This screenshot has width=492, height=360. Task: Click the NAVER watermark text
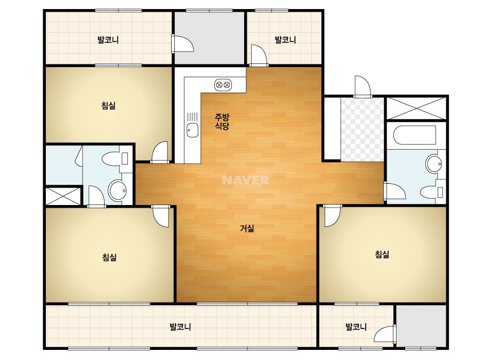coord(245,180)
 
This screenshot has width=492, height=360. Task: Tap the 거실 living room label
coord(247,228)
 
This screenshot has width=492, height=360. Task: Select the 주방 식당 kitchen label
coord(222,121)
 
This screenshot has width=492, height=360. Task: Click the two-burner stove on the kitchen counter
coord(223,85)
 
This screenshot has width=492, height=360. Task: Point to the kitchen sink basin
coord(192,130)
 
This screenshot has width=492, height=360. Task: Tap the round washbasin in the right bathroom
coord(434,164)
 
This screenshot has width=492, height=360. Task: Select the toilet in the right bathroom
coord(432,192)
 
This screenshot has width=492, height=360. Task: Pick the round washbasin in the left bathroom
coord(117,190)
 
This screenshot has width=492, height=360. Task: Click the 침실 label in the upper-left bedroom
coord(109,105)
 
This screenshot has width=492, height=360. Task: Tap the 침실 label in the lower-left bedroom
coord(109,257)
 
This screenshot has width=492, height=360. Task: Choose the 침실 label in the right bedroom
coord(382,254)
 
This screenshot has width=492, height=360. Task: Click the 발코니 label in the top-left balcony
coord(108,40)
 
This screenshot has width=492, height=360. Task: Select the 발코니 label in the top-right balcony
coord(285,40)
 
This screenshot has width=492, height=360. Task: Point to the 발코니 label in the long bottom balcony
coord(180,327)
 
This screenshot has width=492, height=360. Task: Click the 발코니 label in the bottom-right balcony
coord(356,327)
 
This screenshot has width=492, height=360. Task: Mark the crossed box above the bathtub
coord(416,109)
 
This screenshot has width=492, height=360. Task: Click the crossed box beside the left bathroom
coord(63,196)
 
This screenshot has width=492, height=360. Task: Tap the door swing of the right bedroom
coord(332,216)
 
